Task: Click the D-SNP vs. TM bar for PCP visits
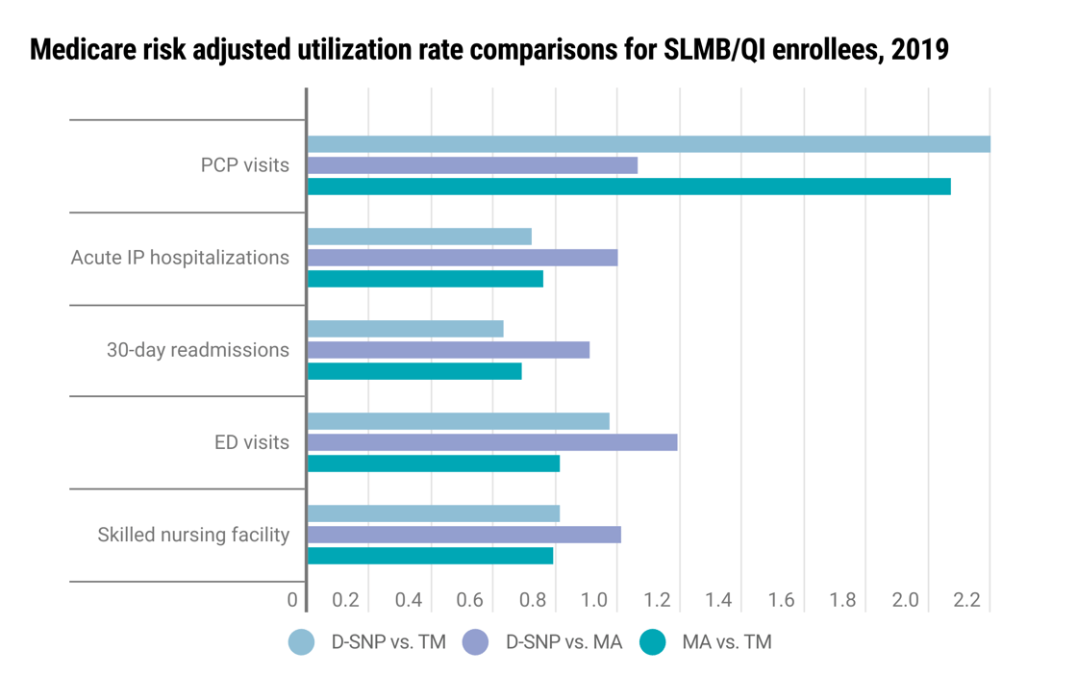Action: (648, 144)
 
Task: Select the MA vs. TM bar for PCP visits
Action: (629, 187)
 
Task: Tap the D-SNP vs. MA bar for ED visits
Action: (492, 442)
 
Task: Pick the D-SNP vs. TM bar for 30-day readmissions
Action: (405, 329)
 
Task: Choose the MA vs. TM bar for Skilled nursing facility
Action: (430, 556)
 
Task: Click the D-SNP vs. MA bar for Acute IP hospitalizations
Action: (463, 258)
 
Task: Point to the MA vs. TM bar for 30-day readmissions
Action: (414, 371)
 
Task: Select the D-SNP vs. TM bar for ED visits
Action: (458, 421)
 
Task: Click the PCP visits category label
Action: (244, 165)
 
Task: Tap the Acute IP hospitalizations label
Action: (180, 258)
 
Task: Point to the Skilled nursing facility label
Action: (193, 535)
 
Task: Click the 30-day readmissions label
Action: (197, 350)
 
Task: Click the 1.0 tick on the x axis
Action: (593, 601)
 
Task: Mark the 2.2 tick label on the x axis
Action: (966, 601)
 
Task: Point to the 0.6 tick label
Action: (469, 601)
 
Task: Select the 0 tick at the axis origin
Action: (292, 601)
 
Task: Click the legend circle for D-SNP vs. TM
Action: (302, 642)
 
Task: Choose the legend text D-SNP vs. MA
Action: (564, 642)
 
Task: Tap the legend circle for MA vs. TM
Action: (653, 642)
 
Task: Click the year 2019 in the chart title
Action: (920, 50)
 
